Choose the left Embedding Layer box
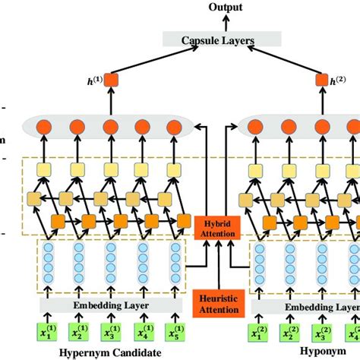tap(111, 305)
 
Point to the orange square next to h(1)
tap(111, 79)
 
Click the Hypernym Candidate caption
tap(110, 353)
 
